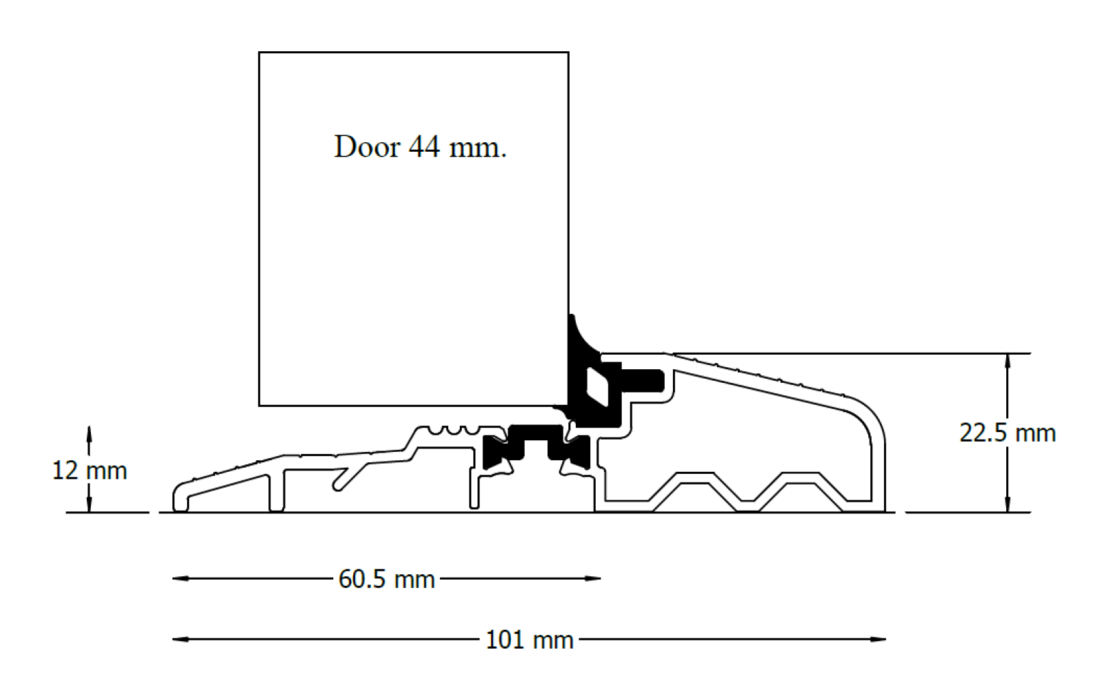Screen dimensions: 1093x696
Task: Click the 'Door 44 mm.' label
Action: pos(420,146)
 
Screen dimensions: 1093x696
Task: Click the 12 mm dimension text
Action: pos(89,471)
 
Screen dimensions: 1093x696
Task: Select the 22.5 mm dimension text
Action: pos(1007,433)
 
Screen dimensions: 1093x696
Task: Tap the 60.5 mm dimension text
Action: pos(387,579)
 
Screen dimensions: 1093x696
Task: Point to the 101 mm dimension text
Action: pos(529,640)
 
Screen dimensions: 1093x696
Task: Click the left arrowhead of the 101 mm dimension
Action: pos(180,639)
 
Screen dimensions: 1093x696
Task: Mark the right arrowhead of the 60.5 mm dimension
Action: pos(592,579)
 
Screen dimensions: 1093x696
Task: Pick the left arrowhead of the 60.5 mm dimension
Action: pos(180,579)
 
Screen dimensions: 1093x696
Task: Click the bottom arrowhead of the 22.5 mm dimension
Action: pos(1008,504)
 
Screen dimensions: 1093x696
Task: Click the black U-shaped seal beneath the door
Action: pos(536,447)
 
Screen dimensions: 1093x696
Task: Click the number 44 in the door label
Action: pos(424,146)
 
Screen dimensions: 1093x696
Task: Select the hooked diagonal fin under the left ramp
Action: pos(350,477)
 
